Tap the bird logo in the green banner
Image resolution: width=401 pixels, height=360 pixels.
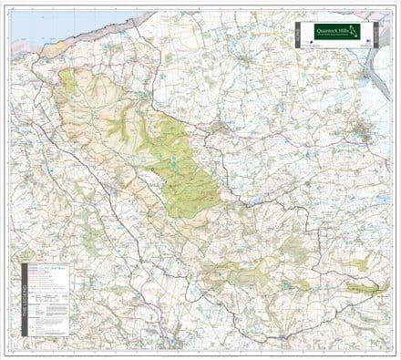coord(355,31)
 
